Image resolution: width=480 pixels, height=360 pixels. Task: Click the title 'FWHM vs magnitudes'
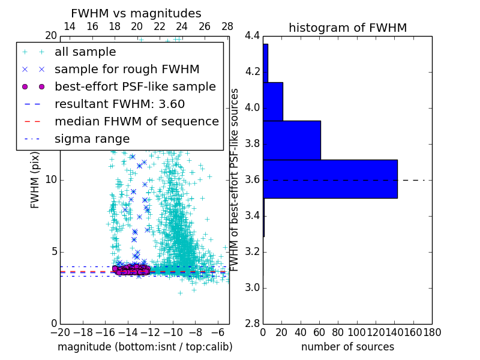tap(136, 13)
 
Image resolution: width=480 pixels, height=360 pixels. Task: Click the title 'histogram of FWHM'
tap(347, 28)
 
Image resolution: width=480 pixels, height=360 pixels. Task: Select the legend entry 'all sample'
tap(85, 52)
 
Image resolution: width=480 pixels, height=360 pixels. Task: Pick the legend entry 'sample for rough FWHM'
tap(127, 69)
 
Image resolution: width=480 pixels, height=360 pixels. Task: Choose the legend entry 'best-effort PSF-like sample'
tap(135, 86)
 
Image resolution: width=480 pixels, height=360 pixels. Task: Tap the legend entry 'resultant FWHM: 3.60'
tap(119, 104)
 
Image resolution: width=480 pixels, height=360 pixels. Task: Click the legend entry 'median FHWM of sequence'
tap(137, 121)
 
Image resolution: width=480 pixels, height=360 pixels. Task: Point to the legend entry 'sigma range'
tap(92, 139)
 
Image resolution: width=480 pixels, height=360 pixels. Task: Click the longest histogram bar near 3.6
tap(330, 179)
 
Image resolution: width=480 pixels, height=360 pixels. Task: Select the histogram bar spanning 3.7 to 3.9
tap(292, 140)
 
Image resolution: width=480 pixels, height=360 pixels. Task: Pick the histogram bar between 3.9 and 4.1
tap(273, 101)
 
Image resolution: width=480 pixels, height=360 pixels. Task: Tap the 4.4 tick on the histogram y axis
tap(253, 36)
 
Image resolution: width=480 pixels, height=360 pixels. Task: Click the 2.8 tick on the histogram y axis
tap(253, 323)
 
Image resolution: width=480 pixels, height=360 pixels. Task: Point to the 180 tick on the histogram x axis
tap(432, 332)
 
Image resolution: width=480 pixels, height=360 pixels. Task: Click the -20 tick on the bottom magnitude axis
tap(60, 332)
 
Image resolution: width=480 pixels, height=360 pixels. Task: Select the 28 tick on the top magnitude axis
tap(227, 26)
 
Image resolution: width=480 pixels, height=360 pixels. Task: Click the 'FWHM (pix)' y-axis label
tap(35, 180)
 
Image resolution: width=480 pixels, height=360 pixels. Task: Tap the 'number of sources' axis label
tap(347, 347)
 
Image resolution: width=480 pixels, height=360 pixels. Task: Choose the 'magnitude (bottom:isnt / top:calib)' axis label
tap(145, 347)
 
